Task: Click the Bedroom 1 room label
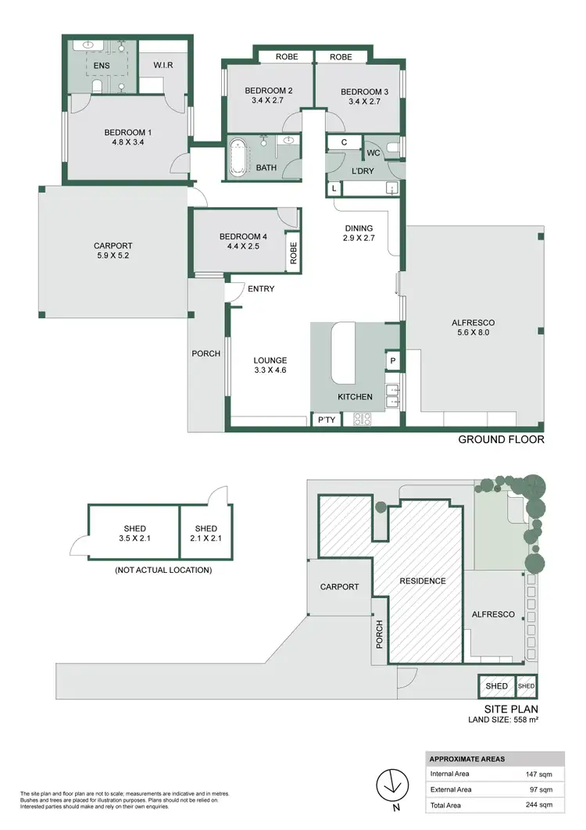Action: tap(124, 132)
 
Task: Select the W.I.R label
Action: tap(164, 64)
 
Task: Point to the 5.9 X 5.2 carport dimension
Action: tap(113, 256)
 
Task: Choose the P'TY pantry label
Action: tap(325, 420)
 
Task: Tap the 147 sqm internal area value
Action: tap(541, 774)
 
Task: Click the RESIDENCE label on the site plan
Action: tap(422, 581)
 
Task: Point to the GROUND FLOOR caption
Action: tap(501, 439)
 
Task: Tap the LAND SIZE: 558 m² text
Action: tap(504, 718)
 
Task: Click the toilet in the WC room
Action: tap(393, 146)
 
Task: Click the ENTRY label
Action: tap(261, 289)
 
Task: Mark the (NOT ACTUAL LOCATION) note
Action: tap(163, 571)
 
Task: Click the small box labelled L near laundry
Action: tap(334, 189)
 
